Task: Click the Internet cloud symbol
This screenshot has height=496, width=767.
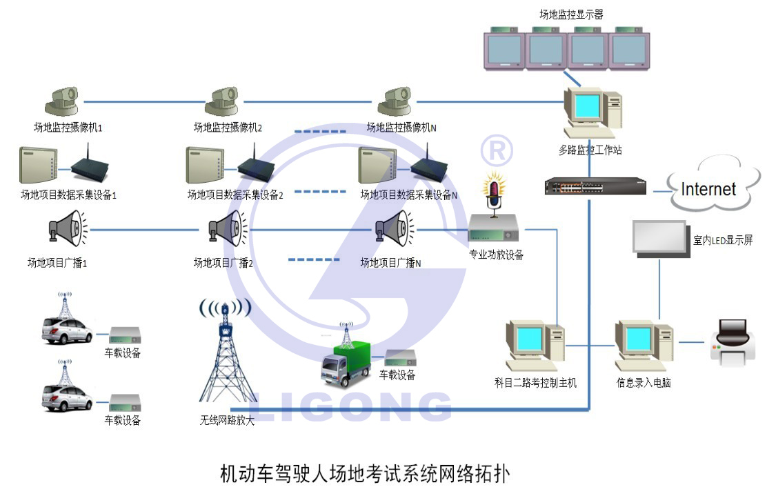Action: click(x=709, y=185)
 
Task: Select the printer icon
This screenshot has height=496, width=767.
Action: click(x=733, y=342)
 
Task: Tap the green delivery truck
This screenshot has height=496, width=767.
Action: click(x=345, y=363)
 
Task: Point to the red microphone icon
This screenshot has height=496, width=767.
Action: click(x=494, y=192)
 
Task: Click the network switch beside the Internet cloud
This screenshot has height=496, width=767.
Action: click(x=595, y=186)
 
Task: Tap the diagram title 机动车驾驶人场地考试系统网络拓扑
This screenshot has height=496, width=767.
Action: click(x=365, y=474)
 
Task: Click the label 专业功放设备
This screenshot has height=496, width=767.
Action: click(x=496, y=255)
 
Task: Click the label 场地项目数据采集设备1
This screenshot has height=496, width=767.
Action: click(x=69, y=195)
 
